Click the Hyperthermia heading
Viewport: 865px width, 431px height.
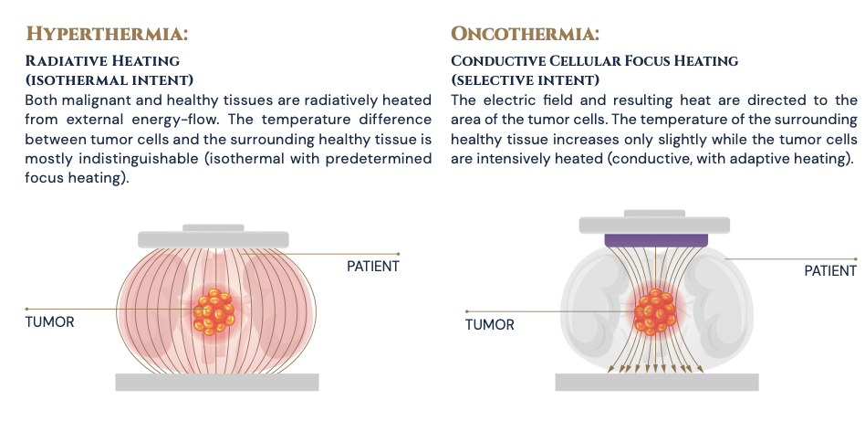(107, 34)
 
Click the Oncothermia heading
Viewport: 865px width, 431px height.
(525, 34)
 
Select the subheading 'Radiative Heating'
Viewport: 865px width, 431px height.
(96, 61)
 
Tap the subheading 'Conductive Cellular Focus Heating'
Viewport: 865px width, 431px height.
(595, 61)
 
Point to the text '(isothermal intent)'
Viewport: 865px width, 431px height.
(109, 79)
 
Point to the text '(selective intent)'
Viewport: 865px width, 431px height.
(525, 79)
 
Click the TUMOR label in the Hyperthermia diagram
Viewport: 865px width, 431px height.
(49, 321)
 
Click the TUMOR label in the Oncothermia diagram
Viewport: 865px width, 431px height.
(490, 324)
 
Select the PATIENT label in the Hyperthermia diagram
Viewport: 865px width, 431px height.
(373, 266)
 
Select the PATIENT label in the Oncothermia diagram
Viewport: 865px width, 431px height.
(830, 270)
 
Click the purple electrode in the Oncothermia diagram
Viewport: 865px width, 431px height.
(656, 240)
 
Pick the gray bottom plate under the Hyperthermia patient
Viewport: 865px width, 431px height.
(217, 382)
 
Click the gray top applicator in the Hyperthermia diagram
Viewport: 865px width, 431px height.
(214, 238)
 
